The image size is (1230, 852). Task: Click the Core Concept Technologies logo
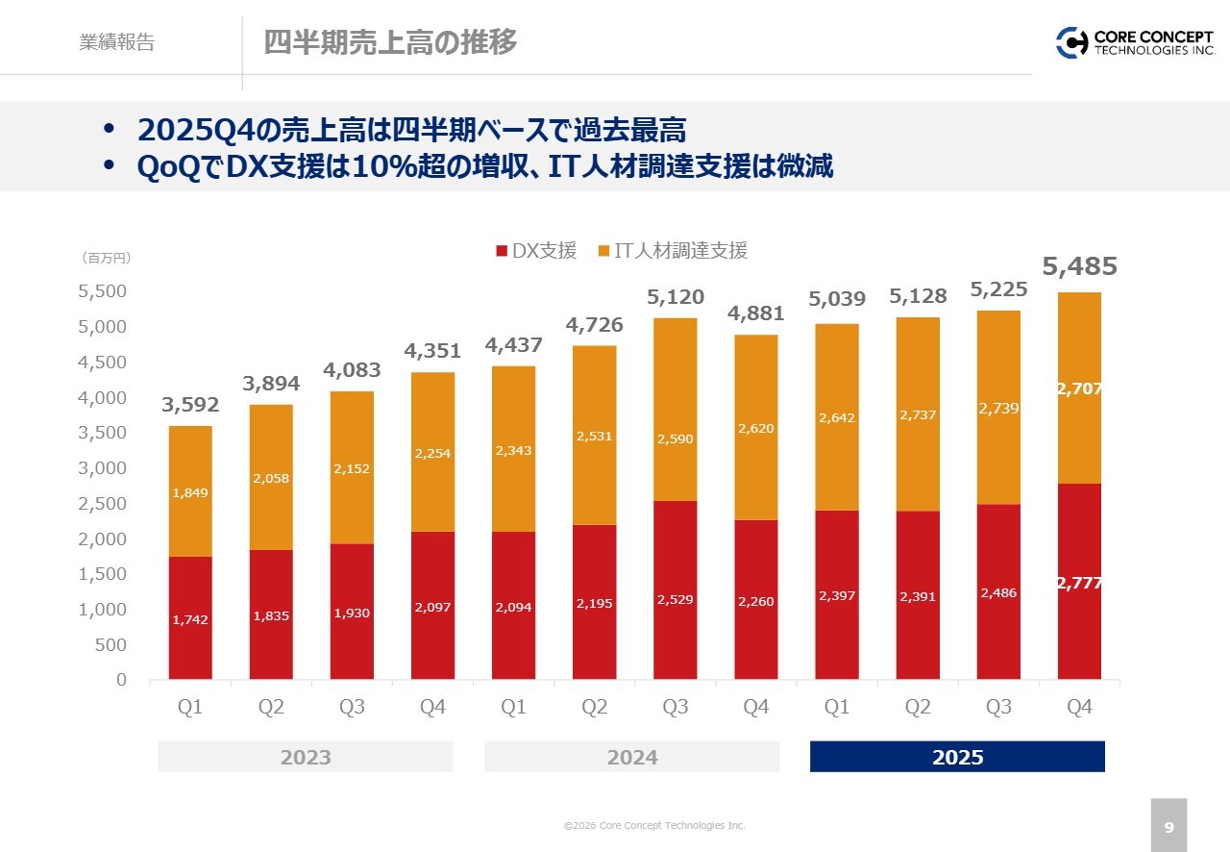[1135, 42]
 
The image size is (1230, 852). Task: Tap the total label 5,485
[1079, 266]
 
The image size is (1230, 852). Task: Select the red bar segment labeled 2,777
[1079, 582]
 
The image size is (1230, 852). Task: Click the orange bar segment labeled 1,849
[190, 491]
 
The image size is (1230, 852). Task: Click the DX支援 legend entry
[536, 251]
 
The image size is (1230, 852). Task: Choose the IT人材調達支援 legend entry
[673, 251]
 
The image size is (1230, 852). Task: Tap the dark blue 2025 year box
[957, 757]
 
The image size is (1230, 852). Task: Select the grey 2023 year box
[306, 757]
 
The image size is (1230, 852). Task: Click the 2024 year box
[631, 757]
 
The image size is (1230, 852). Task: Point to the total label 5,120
[676, 297]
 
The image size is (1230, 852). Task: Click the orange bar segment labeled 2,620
[756, 427]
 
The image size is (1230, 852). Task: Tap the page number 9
[1168, 826]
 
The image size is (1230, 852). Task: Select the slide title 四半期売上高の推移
[390, 42]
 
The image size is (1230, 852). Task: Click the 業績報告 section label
[117, 42]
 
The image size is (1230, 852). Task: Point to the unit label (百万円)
[106, 258]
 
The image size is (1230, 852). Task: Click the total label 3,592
[190, 405]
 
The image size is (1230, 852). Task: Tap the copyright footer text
[653, 825]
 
